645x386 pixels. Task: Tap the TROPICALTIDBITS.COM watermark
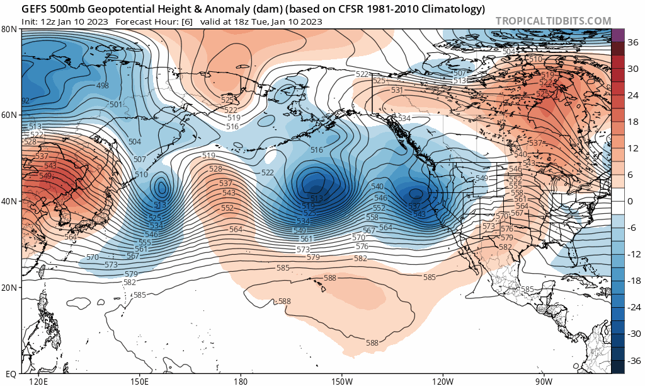click(x=553, y=21)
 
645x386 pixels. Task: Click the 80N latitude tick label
click(x=9, y=29)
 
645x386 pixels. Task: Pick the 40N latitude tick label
click(x=9, y=201)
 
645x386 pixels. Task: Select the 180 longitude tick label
click(x=240, y=381)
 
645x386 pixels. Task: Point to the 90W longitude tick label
click(x=544, y=381)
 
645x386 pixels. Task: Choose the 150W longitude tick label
click(x=341, y=381)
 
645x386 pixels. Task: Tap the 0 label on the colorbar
click(x=630, y=201)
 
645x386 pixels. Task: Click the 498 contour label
click(x=103, y=85)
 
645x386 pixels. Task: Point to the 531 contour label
click(x=397, y=90)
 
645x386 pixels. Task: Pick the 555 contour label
click(x=145, y=242)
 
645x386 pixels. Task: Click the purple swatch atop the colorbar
click(x=618, y=35)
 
